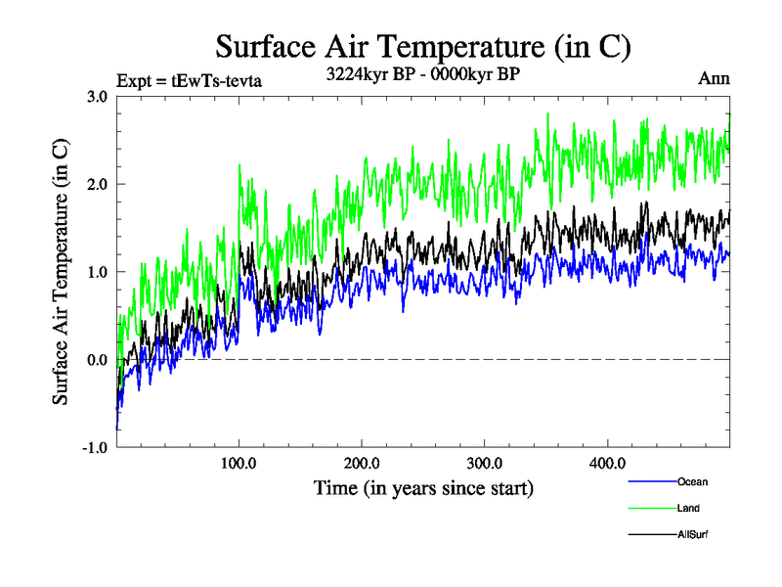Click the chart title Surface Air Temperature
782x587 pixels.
coord(423,47)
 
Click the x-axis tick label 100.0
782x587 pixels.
coord(239,463)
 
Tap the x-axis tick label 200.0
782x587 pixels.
coord(362,463)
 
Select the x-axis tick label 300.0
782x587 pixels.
coord(485,463)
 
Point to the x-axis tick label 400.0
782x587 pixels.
coord(607,463)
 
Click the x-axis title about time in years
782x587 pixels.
coord(423,486)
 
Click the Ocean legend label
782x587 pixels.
coord(692,481)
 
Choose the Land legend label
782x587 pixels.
coord(688,508)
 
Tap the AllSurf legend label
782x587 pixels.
coord(693,534)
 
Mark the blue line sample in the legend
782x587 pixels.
coord(652,481)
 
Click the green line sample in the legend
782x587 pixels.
coord(652,508)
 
